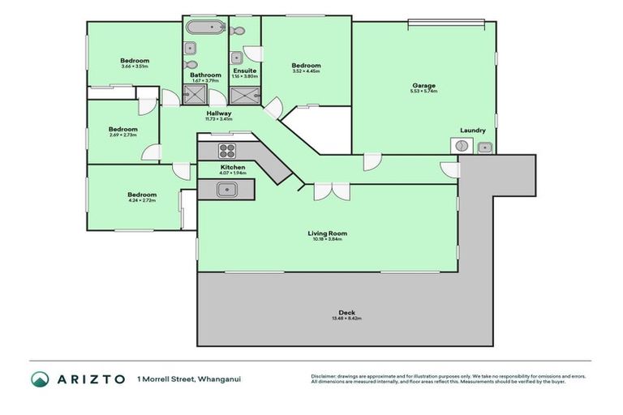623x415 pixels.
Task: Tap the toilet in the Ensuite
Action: (236, 31)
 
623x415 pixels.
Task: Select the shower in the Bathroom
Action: (195, 96)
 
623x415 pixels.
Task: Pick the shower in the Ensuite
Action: (246, 96)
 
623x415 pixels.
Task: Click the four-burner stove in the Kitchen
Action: (227, 150)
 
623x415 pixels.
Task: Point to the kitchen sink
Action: (226, 189)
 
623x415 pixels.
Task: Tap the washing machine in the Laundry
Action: (461, 146)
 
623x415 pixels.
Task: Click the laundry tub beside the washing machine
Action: (484, 147)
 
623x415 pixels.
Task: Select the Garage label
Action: (423, 85)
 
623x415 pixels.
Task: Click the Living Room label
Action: (328, 233)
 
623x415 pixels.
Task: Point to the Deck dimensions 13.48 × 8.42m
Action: (346, 319)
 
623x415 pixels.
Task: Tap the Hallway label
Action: (219, 113)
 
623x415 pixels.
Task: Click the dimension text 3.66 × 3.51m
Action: (135, 66)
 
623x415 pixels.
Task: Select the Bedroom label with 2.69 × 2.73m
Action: (123, 129)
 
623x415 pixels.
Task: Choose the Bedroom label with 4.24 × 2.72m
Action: (141, 195)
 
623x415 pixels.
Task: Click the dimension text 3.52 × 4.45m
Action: (306, 71)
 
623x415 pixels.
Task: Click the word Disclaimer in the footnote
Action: (324, 376)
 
